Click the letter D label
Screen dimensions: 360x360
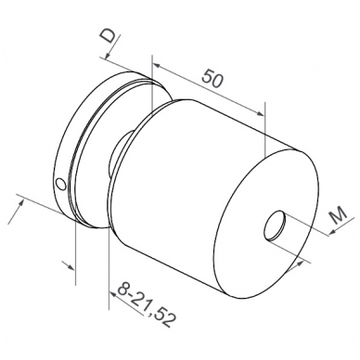coord(109,36)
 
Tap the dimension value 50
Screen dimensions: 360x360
coord(212,79)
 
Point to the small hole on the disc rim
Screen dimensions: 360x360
coord(60,184)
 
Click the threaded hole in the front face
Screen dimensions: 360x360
coord(275,225)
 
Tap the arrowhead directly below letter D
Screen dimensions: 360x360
coord(108,55)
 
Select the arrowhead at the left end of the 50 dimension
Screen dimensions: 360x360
coord(157,66)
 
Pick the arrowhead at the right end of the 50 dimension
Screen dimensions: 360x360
coord(261,113)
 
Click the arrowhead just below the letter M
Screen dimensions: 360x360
coord(332,231)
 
